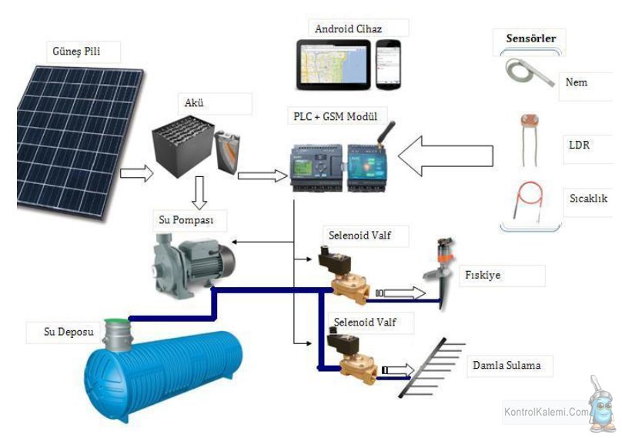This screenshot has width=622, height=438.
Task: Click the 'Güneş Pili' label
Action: click(x=76, y=51)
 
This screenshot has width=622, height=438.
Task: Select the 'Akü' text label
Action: click(x=194, y=102)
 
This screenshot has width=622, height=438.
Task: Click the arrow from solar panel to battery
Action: click(x=136, y=173)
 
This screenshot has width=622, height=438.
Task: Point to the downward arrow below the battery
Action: click(x=199, y=192)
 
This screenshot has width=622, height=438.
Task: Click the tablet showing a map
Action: click(x=333, y=64)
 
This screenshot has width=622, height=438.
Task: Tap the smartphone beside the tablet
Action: click(x=388, y=64)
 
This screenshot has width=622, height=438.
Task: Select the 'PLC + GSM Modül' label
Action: click(x=335, y=116)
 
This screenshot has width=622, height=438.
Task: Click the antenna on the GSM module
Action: click(x=386, y=134)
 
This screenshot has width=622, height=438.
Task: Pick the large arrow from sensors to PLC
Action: click(x=446, y=156)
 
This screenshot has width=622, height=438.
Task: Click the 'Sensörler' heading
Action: click(x=530, y=38)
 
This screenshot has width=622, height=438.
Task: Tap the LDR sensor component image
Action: click(x=530, y=140)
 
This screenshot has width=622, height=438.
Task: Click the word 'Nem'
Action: click(x=577, y=82)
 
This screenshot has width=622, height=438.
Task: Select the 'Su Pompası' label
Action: click(x=186, y=220)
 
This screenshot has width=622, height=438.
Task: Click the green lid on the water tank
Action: click(x=117, y=321)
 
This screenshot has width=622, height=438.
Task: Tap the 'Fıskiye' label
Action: click(x=483, y=275)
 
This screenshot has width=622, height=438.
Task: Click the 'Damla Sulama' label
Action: click(x=507, y=365)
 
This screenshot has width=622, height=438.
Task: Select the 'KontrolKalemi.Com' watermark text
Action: click(x=547, y=412)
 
